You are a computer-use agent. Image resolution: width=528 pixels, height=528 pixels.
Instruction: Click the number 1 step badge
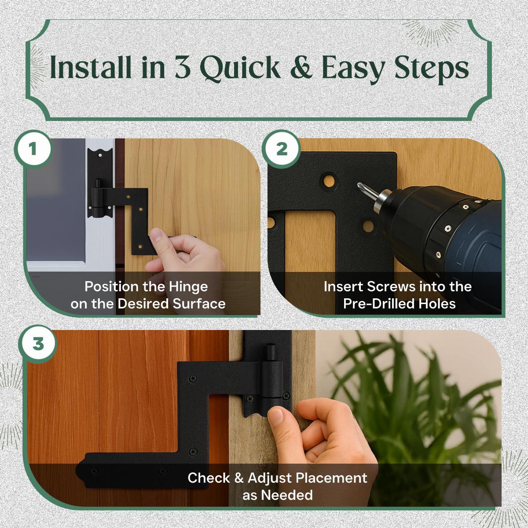(x=33, y=149)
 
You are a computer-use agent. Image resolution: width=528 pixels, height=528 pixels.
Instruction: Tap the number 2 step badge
(x=282, y=149)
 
